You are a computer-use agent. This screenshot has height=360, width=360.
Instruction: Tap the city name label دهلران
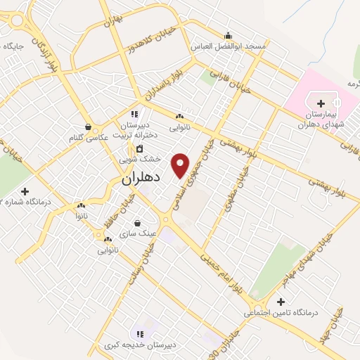click(141, 179)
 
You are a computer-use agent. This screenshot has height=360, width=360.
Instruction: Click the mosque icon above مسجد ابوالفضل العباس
click(227, 36)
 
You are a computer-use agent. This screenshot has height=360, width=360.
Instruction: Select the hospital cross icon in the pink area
click(321, 103)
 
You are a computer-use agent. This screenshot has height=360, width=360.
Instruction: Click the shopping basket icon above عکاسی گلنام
click(86, 127)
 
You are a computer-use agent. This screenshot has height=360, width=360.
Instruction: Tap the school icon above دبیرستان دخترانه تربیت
click(134, 113)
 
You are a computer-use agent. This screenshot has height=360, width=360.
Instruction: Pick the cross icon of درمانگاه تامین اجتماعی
click(281, 301)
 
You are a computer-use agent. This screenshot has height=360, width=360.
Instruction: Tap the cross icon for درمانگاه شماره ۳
click(25, 191)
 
